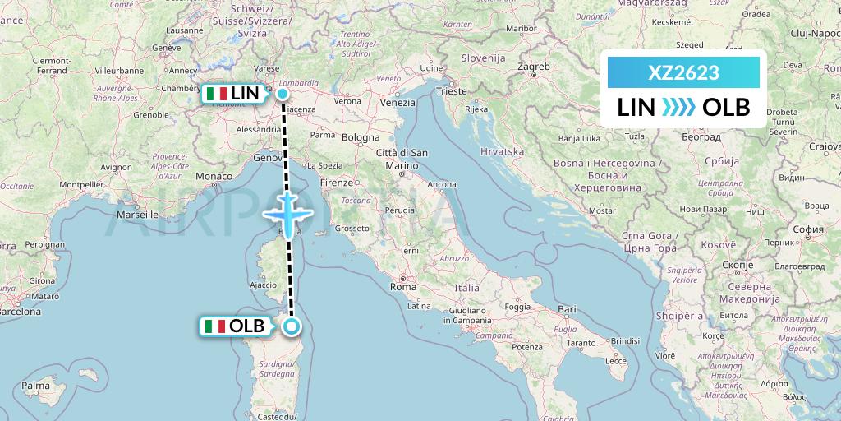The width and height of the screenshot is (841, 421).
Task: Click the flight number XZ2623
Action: coord(683,73)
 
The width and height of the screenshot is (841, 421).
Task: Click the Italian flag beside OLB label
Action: coord(215,326)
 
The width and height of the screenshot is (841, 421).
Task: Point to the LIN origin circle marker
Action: coord(283,94)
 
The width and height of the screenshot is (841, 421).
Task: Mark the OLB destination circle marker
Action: coord(292,326)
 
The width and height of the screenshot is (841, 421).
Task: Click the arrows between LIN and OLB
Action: coord(678,107)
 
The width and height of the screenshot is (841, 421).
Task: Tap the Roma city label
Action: coord(403,288)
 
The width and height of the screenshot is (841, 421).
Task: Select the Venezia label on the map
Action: coord(398,103)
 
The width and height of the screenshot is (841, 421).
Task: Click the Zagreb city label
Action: coord(534,66)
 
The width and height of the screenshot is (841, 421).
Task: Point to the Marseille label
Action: coord(137,214)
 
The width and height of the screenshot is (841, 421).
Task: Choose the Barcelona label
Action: coord(21,312)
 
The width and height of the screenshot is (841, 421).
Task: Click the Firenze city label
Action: coord(337,182)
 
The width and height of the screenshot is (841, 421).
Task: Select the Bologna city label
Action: coord(361,137)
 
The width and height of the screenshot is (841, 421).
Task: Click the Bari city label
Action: coord(567,309)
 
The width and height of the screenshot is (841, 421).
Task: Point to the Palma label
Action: coord(36,385)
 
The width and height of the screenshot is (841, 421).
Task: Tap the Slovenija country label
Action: coord(483,58)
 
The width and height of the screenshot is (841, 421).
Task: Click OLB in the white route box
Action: coord(727,107)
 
